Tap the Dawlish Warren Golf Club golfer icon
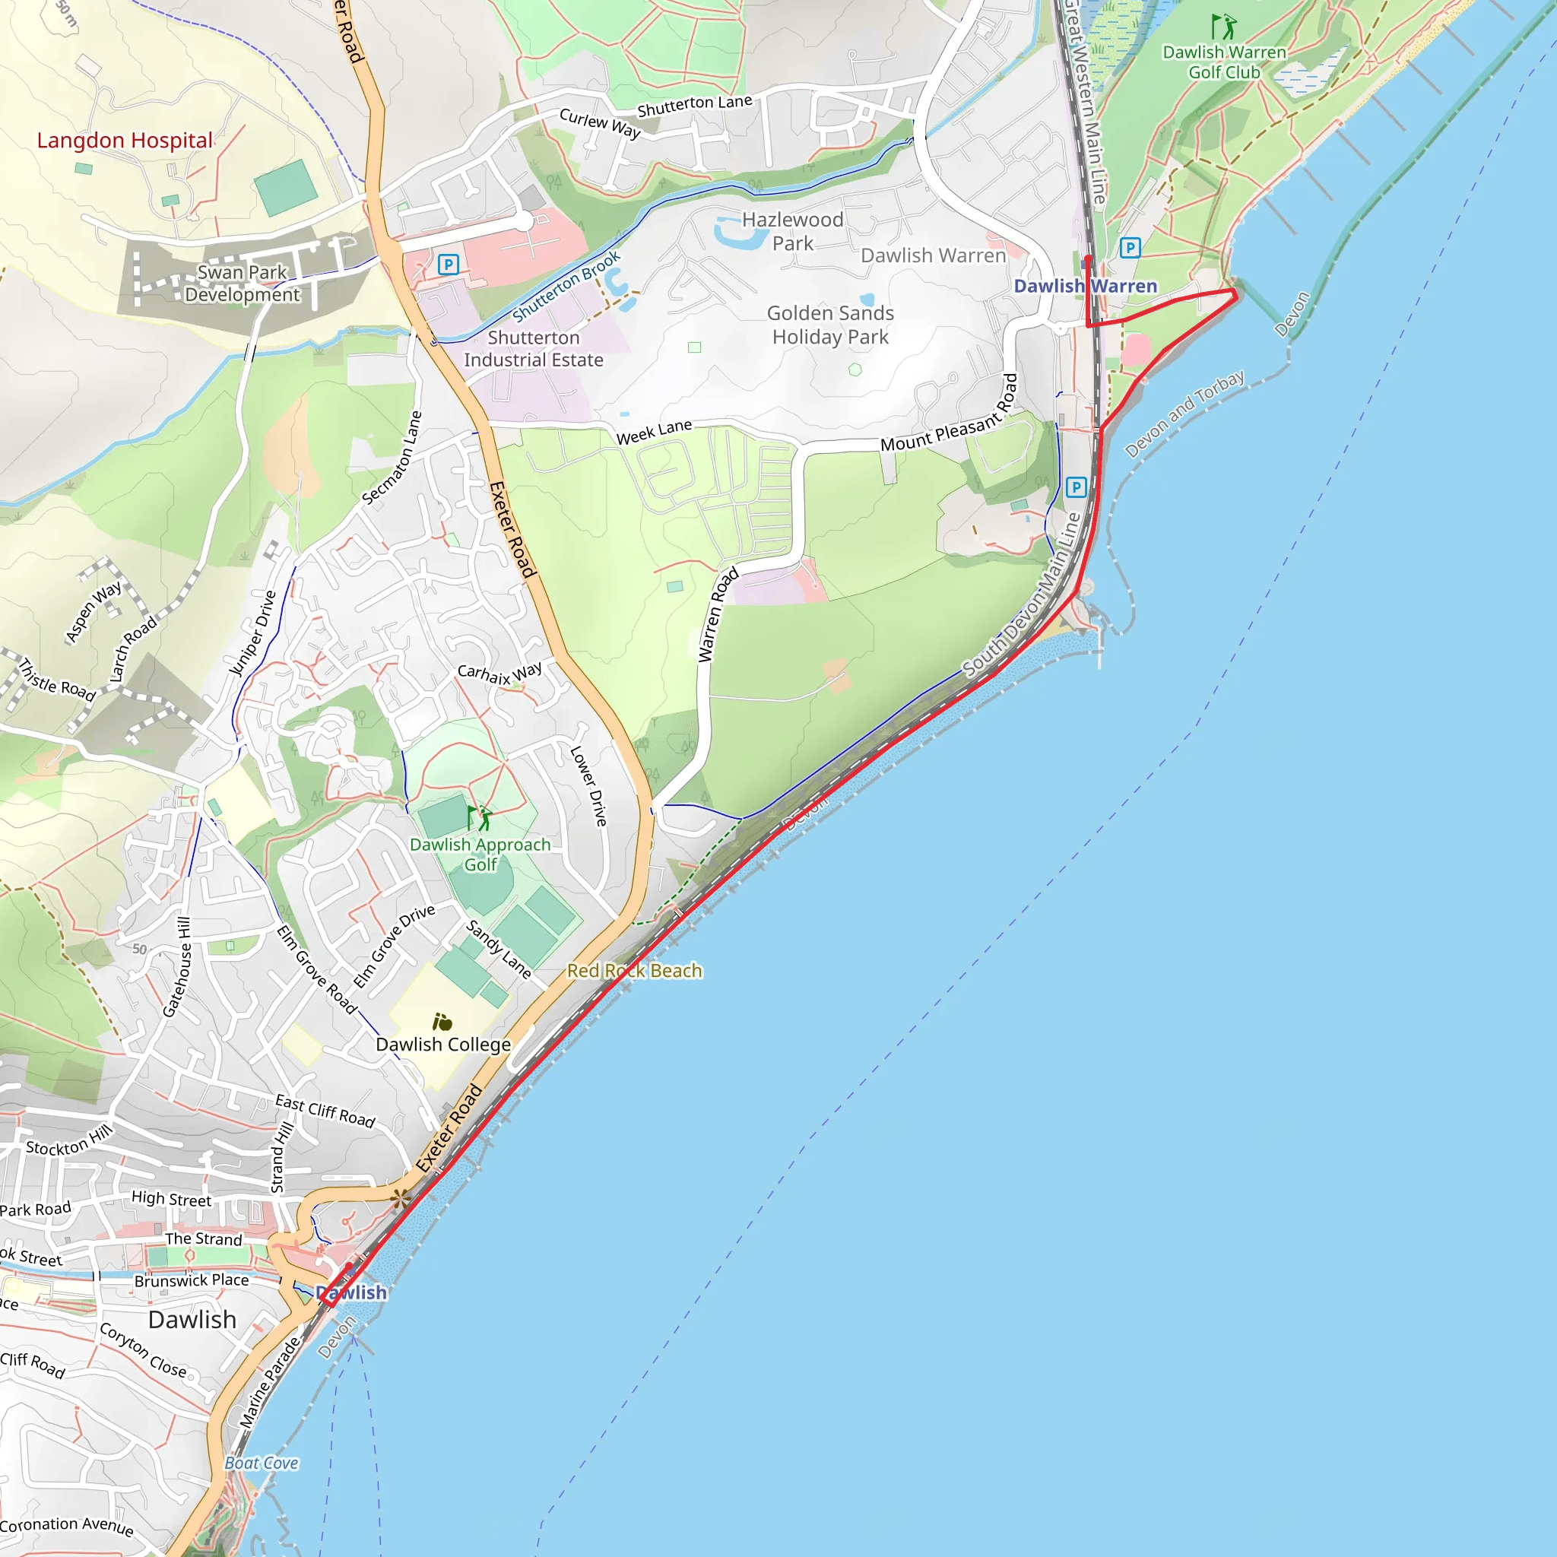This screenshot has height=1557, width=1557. tap(1225, 27)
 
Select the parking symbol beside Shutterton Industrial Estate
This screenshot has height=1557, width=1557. tap(448, 264)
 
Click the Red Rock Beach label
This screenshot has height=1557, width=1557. tap(634, 970)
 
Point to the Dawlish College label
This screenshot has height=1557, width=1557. tap(443, 1045)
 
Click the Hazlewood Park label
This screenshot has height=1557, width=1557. tap(792, 231)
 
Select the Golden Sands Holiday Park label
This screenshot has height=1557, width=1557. tap(830, 325)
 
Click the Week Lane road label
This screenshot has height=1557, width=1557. tap(654, 433)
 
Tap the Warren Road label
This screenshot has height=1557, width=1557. tap(717, 616)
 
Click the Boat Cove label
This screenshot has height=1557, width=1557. tap(261, 1463)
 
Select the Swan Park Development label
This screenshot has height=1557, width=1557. tap(242, 284)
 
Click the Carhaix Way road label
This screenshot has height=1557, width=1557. tap(499, 674)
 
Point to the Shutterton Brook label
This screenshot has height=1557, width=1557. tap(566, 286)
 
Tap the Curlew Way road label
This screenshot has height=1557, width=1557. tap(600, 123)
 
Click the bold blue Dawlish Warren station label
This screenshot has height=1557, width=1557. tap(1085, 286)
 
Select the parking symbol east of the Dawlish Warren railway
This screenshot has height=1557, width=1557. tap(1130, 247)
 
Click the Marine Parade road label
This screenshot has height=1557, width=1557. tap(270, 1383)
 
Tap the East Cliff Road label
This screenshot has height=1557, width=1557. tap(325, 1111)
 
